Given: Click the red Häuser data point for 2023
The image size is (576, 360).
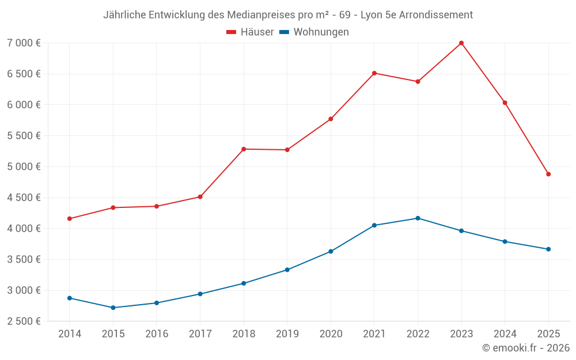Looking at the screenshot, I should point(461,43).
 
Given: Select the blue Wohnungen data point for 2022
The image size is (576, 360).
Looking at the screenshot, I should point(418,218).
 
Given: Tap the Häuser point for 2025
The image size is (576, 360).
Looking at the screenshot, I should point(548,174).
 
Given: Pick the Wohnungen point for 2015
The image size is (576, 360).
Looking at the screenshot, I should point(113,308).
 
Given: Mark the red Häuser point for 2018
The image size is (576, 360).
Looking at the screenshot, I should point(244,149).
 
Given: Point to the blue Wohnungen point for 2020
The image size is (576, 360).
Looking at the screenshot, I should point(331,251).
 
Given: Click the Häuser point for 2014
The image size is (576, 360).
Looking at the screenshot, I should point(70,219).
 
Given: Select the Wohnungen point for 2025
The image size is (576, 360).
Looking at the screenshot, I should point(548,249).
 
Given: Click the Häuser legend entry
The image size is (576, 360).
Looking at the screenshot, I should point(250,32).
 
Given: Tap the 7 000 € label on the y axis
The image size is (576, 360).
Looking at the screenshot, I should point(24,43).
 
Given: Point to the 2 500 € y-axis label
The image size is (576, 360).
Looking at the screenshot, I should point(24,321).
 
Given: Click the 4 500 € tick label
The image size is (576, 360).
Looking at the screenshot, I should point(24,198).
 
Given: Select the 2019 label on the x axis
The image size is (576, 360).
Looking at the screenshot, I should point(287,334).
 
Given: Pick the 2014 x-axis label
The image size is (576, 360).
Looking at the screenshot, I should point(70,334).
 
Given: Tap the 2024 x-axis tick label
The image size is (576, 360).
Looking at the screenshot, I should point(505,334).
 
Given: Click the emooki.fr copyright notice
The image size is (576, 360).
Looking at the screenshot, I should point(525,348).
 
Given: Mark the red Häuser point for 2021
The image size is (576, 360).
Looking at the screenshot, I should point(374,73).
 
